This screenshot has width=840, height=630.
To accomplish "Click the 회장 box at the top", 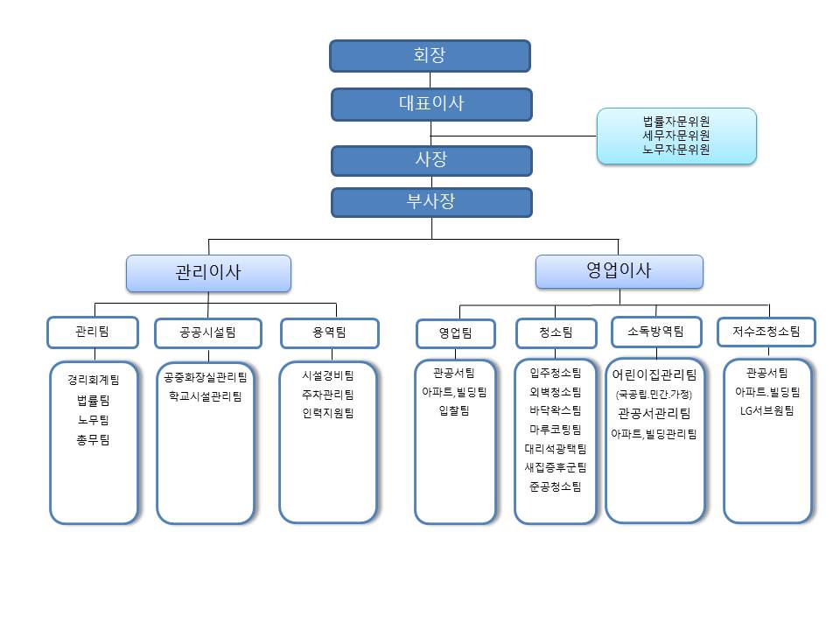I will pos(430,55).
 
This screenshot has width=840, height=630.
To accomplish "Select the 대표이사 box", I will pos(431,103).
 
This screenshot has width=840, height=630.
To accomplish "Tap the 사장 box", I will pos(431,160).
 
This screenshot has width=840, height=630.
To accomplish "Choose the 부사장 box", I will pos(431,202).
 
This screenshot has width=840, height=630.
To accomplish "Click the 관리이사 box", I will pos(208,273).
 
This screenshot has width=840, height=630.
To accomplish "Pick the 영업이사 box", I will pos(619,271).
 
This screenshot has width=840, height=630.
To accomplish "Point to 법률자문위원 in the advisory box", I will pos(675,122).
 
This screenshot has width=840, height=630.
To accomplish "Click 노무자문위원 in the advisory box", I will pos(675,150).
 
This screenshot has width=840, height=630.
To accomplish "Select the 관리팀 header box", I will pos(93,332).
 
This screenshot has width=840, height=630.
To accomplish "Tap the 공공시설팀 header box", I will pos(207,333).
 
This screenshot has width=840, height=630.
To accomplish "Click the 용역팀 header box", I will pos(329,332).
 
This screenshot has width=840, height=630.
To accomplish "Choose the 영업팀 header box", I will pos(455,333).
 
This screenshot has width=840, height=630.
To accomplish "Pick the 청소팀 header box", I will pos(556,332).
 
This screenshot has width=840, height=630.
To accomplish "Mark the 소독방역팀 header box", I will pos(656,332).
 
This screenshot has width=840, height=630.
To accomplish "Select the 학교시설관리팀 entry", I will pos(206,396).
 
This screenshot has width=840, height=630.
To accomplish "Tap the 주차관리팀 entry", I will pos(328,395).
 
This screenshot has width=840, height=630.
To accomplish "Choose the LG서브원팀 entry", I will pos(767,410).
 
